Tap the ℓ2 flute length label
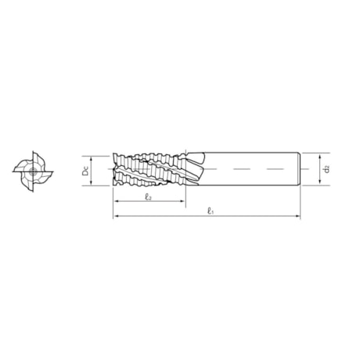click(x=148, y=197)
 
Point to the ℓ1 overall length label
click(x=209, y=211)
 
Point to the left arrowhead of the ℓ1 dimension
click(x=117, y=216)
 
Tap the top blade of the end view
click(x=34, y=155)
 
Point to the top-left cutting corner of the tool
click(x=116, y=154)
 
